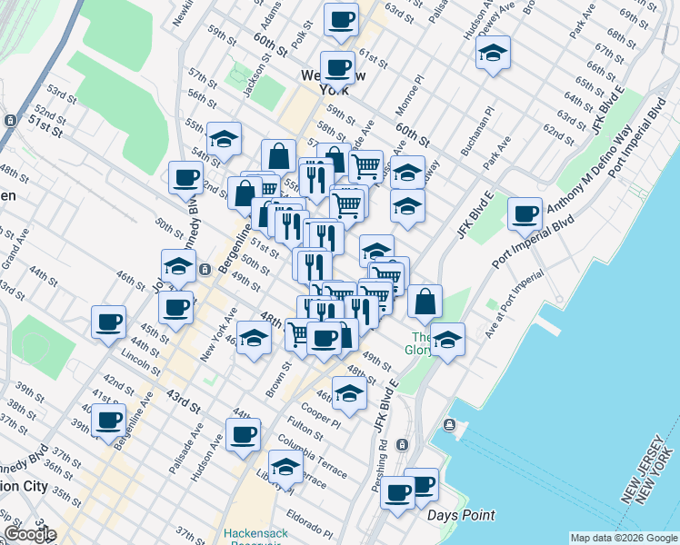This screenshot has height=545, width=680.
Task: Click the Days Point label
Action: tap(462, 516)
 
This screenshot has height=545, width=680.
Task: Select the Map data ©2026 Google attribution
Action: tap(623, 537)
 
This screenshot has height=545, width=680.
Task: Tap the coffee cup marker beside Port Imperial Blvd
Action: tap(525, 214)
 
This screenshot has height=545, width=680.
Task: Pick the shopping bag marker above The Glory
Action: tap(425, 302)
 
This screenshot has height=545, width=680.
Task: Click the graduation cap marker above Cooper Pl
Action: tap(349, 392)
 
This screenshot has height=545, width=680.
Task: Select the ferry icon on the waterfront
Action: tap(449, 425)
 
